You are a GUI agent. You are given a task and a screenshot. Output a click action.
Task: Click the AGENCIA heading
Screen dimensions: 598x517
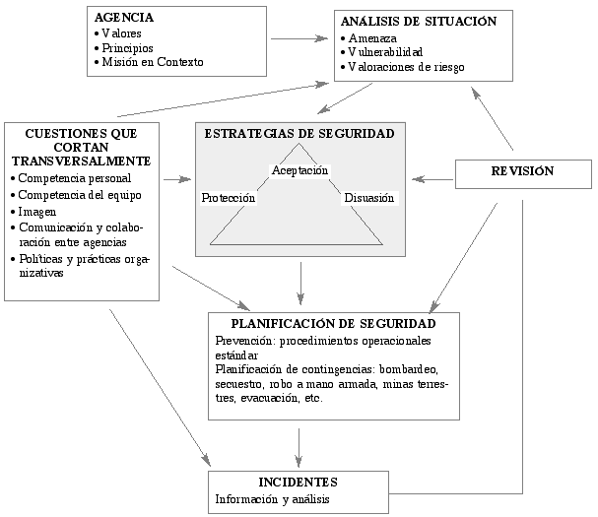(124, 18)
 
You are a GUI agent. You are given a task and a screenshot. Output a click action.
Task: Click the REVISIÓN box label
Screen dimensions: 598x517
(522, 170)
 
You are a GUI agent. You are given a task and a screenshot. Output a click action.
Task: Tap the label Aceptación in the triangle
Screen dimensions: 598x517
(299, 170)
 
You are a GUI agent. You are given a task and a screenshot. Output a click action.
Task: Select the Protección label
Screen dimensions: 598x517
(228, 198)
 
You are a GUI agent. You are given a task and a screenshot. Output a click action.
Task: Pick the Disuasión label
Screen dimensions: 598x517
(369, 198)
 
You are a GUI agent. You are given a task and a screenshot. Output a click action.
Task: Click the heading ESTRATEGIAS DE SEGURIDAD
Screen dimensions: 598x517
(299, 134)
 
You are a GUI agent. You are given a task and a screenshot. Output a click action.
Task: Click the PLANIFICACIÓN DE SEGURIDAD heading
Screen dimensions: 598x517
(333, 324)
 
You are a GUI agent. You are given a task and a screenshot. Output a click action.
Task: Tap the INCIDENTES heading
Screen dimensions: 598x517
(298, 483)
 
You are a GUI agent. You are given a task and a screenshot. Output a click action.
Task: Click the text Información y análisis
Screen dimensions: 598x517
(272, 499)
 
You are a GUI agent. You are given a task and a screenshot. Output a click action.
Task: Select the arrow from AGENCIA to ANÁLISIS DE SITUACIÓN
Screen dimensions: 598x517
(299, 38)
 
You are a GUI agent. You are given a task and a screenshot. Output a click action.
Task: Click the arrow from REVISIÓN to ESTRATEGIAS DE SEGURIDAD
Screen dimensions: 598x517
(432, 179)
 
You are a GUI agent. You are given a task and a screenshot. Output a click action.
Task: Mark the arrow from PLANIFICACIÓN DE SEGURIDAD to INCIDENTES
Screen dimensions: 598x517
(299, 448)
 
